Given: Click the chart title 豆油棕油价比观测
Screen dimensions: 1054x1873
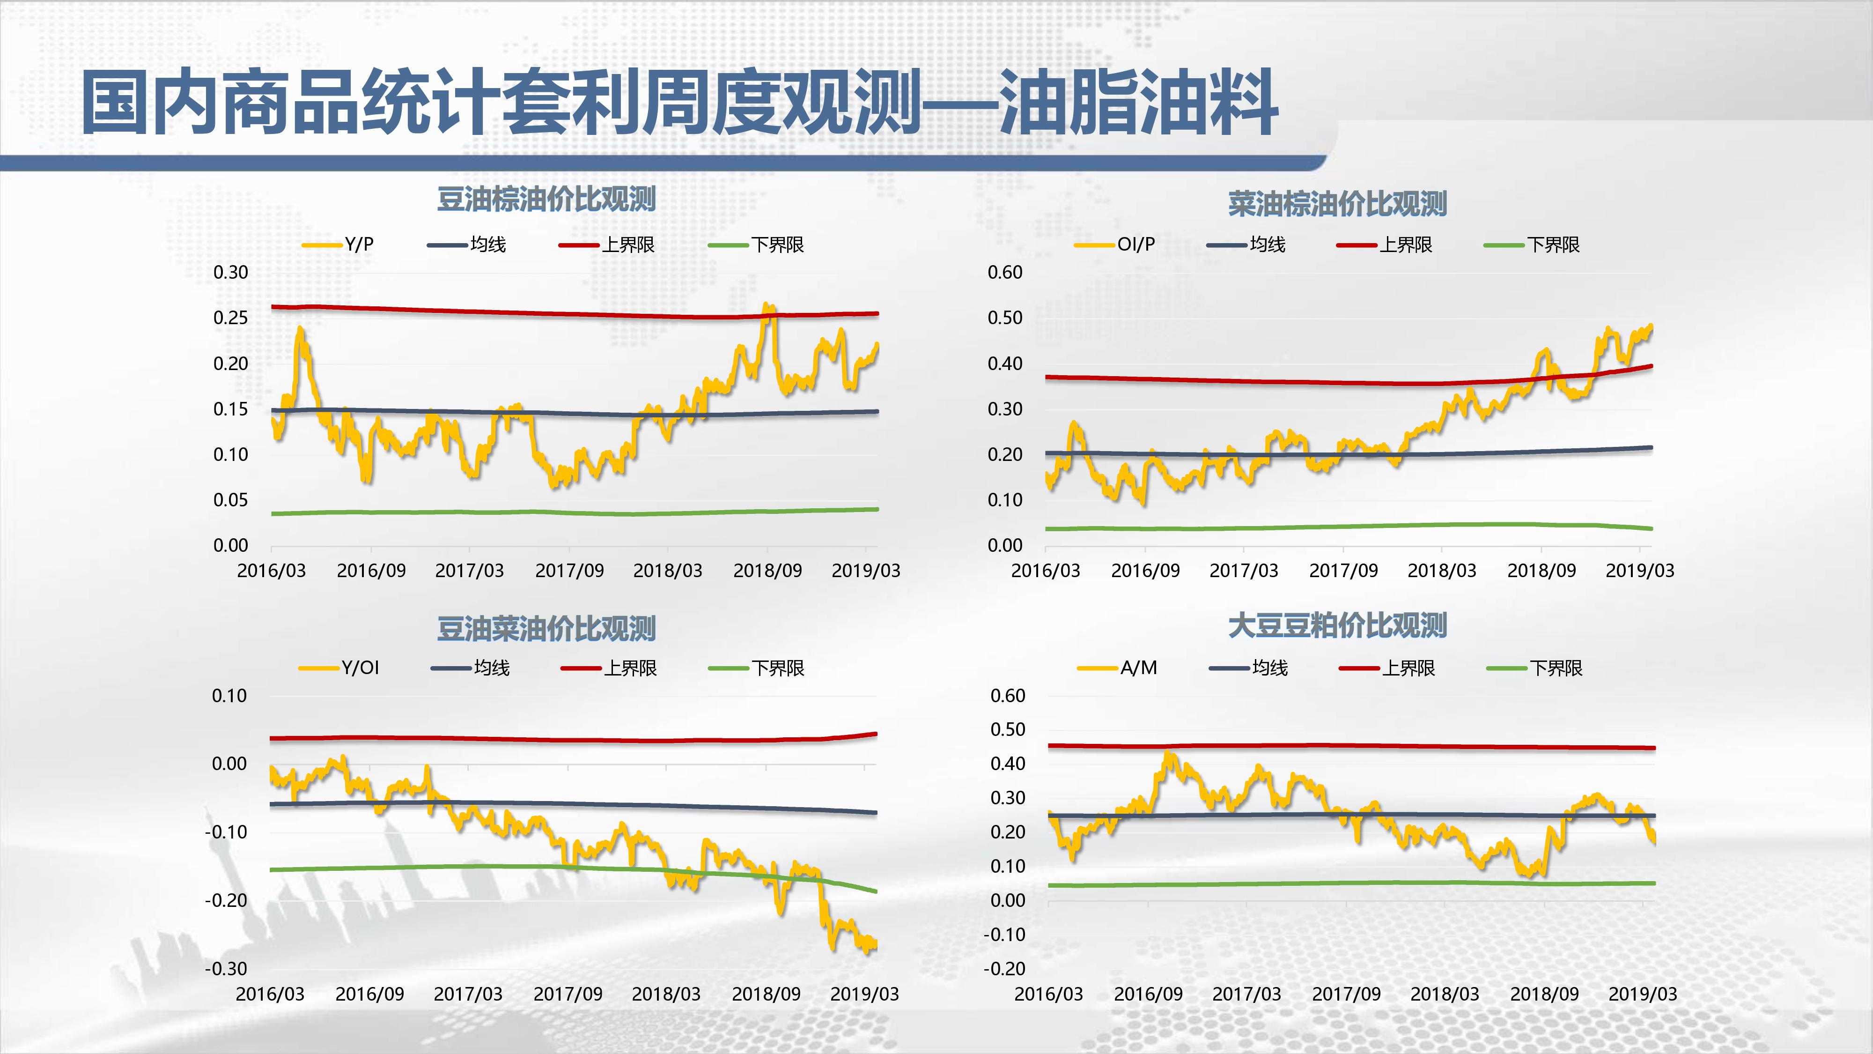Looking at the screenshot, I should click(x=546, y=199).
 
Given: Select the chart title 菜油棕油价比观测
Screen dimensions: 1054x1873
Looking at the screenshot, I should click(x=1337, y=204).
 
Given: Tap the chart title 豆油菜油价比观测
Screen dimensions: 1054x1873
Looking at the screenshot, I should click(x=546, y=629).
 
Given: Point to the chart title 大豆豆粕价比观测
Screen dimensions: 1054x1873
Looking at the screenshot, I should click(x=1337, y=625).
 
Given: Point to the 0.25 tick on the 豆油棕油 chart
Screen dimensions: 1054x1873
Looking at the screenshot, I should click(x=230, y=318).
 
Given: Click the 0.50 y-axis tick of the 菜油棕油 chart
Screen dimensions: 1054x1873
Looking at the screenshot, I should click(x=1005, y=318).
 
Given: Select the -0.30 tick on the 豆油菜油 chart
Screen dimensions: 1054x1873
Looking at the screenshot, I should click(x=226, y=968).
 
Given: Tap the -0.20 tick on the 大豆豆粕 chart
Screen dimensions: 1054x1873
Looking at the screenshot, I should click(x=1004, y=968).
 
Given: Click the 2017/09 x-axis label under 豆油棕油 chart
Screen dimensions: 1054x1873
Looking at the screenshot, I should click(x=569, y=570).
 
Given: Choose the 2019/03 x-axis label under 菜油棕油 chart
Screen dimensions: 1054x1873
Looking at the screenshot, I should click(x=1640, y=570).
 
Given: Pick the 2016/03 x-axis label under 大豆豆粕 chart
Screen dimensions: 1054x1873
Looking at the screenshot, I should click(x=1048, y=994).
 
